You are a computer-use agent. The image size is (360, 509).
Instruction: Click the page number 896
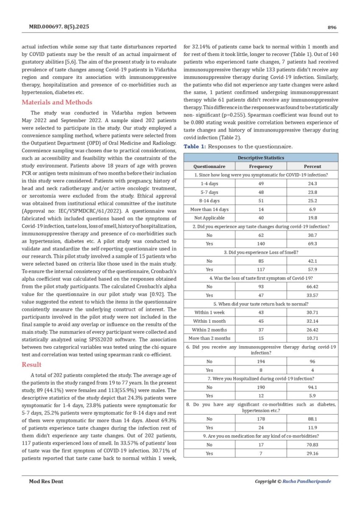click(x=332, y=28)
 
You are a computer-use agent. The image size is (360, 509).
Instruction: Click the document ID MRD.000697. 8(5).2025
click(x=59, y=28)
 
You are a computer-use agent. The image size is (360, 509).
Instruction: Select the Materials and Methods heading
click(x=57, y=102)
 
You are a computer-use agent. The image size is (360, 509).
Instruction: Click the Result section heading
click(x=32, y=364)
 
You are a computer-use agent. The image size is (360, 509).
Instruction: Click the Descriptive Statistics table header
click(x=261, y=158)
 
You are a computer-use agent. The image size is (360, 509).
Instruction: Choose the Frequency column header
click(x=261, y=166)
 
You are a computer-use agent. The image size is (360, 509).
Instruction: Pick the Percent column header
click(x=313, y=166)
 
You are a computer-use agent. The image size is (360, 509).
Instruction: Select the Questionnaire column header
click(x=209, y=166)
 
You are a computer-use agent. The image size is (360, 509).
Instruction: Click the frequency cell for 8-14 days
click(x=261, y=201)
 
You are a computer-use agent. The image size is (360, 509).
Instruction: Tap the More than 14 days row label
click(x=209, y=209)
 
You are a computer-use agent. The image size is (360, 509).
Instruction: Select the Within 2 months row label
click(x=209, y=330)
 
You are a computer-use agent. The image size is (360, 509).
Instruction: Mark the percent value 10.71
click(x=313, y=338)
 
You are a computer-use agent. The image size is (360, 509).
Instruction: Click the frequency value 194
click(x=261, y=361)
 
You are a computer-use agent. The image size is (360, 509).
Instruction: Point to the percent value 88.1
click(x=313, y=419)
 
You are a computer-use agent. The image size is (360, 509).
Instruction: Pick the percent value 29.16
click(x=313, y=453)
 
